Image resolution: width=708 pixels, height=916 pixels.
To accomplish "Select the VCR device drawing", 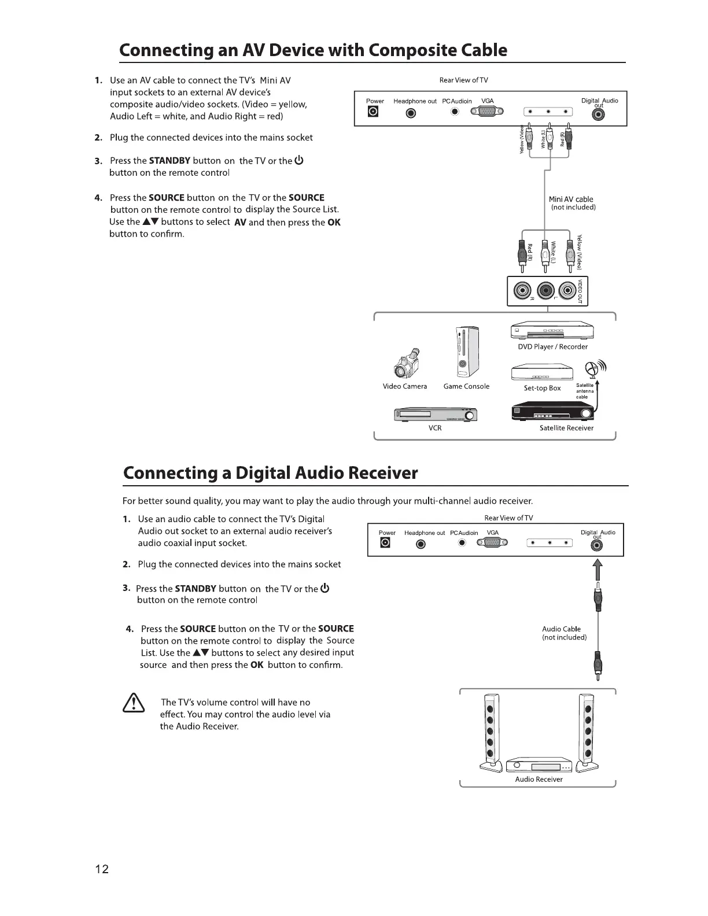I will [435, 414].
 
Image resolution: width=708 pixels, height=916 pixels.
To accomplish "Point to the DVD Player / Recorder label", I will [552, 346].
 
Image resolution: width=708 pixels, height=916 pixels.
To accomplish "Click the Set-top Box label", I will [542, 388].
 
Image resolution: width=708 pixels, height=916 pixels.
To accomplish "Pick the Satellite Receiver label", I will [566, 428].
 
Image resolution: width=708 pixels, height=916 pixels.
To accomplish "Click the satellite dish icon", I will [592, 368].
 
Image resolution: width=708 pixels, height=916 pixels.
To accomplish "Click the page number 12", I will [102, 869].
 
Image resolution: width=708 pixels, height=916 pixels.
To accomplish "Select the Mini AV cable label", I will [571, 199].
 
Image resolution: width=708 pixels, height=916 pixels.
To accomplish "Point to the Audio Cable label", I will [561, 629].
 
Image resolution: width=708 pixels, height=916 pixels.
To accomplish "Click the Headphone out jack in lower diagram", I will [421, 544].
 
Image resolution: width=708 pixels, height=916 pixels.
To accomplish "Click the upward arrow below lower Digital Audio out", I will [598, 570].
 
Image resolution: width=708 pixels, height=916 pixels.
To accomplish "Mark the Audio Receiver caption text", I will [539, 779].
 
